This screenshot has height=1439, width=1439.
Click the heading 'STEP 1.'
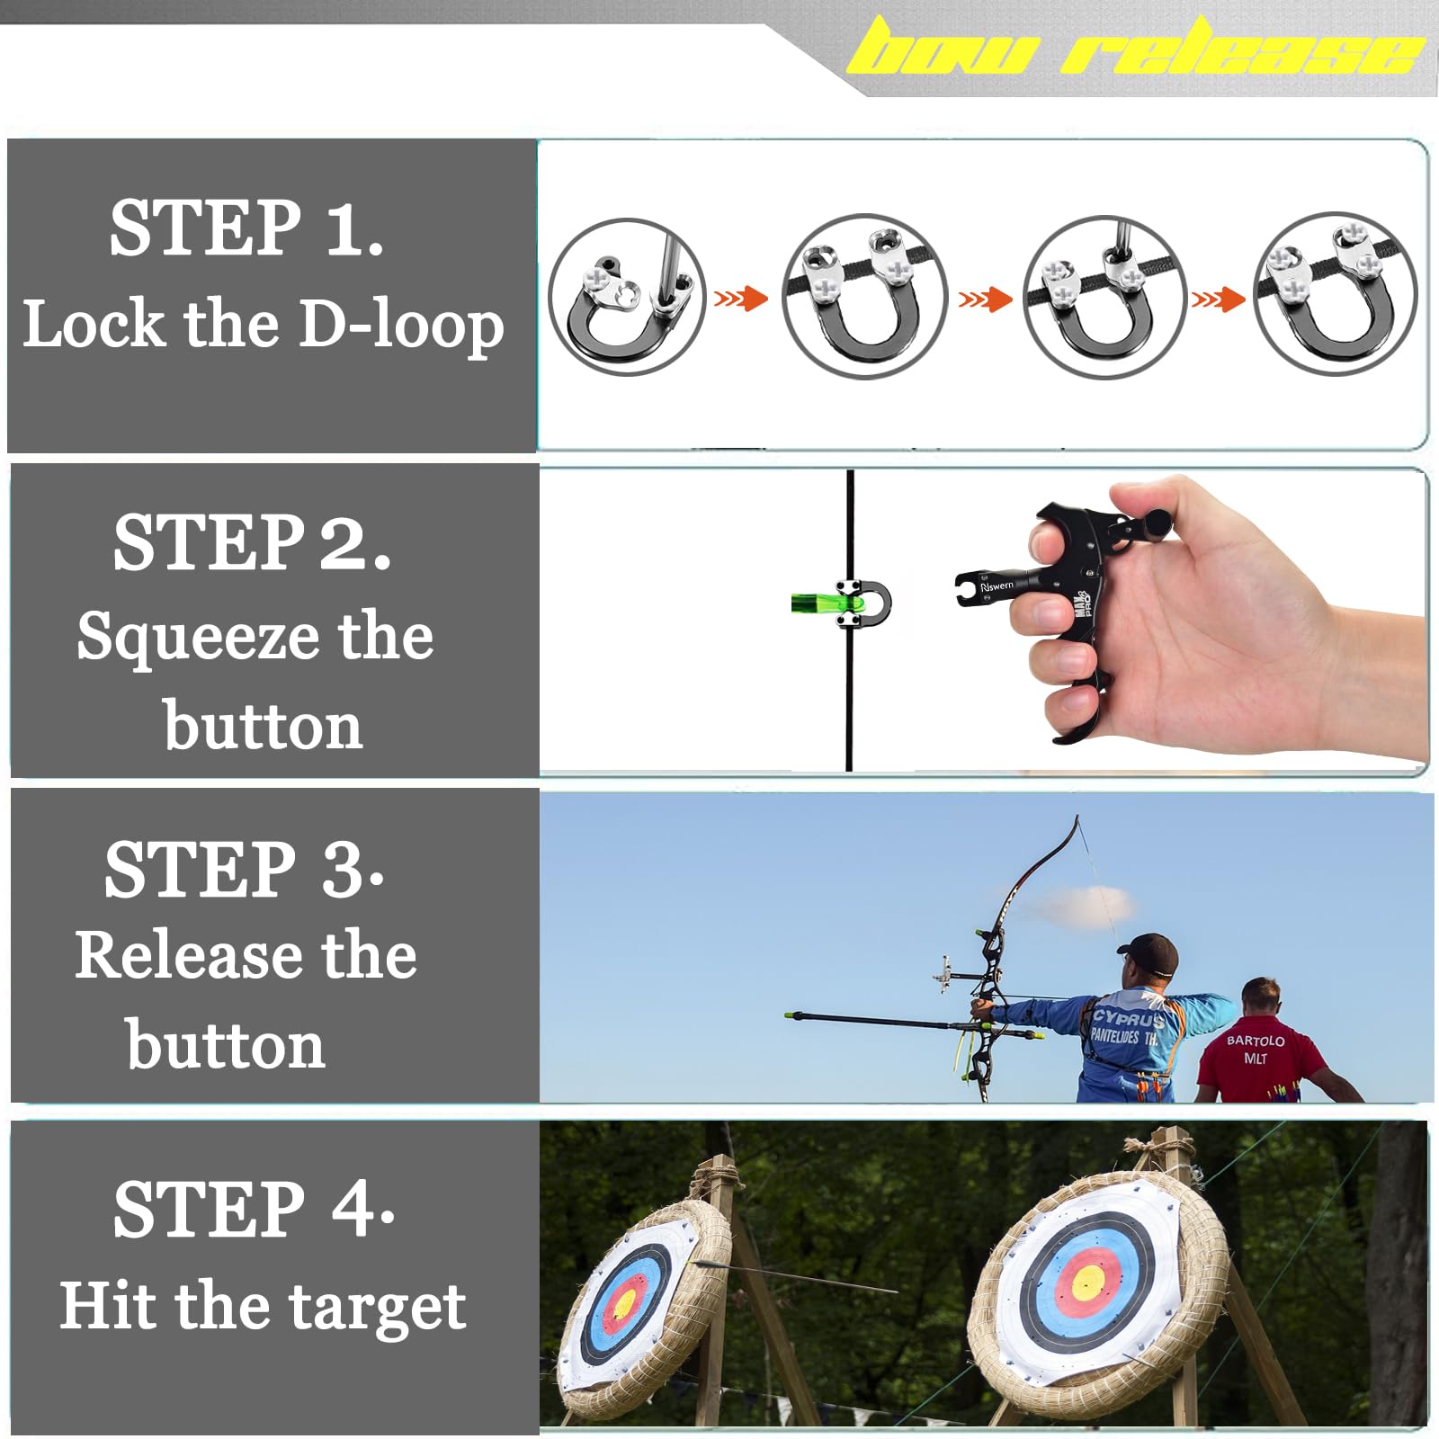[x=246, y=228]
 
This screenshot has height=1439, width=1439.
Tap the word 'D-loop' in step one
[x=400, y=326]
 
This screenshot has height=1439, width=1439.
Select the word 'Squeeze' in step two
[x=198, y=637]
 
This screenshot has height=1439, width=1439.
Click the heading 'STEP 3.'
[x=245, y=871]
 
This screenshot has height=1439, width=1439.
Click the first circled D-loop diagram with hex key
[x=627, y=297]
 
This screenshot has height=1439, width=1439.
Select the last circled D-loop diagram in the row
[x=1335, y=295]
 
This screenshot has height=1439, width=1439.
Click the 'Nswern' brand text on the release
[x=997, y=586]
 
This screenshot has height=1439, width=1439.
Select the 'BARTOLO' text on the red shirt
[x=1256, y=1041]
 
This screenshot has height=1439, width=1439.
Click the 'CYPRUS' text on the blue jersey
[x=1127, y=1019]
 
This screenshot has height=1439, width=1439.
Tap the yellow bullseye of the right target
[x=1087, y=1281]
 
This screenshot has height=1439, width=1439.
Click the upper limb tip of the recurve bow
[x=1077, y=820]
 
